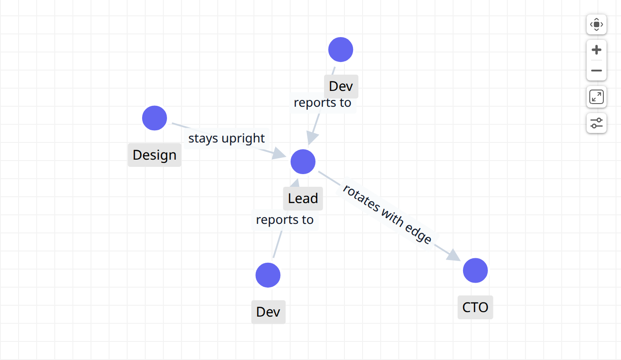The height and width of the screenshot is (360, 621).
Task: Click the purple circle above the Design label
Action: (154, 118)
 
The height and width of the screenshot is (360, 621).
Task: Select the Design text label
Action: (154, 155)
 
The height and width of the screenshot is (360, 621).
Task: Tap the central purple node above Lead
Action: (303, 162)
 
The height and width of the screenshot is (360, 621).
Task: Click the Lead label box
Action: (303, 198)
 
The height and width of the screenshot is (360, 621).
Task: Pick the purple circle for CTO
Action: (475, 270)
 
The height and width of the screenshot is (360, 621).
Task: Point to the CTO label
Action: (475, 307)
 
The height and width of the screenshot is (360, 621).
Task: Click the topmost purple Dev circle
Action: (340, 50)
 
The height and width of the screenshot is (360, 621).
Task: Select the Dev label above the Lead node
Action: (341, 86)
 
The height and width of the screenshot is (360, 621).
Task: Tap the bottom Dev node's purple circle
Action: (268, 275)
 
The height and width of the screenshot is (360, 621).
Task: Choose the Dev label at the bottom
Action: (268, 312)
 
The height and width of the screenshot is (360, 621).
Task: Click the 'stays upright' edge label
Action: (226, 138)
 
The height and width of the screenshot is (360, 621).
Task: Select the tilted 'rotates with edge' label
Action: (387, 214)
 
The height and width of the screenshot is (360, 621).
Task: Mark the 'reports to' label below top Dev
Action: (322, 103)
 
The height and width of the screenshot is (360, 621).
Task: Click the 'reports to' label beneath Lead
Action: (285, 220)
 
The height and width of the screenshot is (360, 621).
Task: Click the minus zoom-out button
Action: (596, 71)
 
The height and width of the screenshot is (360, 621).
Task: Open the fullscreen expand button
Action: (596, 97)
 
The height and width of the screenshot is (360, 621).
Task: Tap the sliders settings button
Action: (596, 123)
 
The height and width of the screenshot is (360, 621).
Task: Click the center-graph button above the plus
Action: (596, 24)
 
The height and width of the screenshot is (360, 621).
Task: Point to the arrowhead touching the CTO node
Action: (454, 256)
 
